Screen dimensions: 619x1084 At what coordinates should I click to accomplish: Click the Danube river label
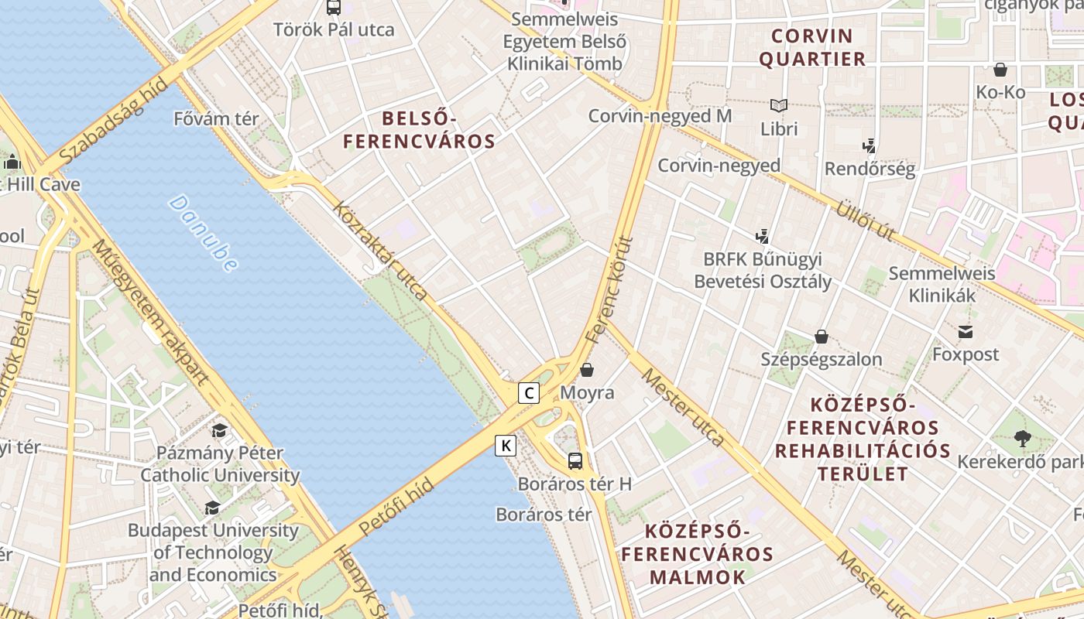pos(203,233)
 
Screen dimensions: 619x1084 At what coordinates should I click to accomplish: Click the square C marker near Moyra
pos(529,393)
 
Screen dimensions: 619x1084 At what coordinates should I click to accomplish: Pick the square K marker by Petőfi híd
pos(506,446)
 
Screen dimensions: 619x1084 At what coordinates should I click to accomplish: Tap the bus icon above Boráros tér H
pos(575,461)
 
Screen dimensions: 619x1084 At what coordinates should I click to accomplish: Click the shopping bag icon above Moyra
pos(587,370)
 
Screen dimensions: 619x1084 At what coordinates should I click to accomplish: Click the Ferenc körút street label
pos(610,289)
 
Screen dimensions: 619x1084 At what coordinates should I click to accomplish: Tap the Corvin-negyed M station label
pos(660,116)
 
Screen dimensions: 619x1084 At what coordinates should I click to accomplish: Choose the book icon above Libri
pos(779,105)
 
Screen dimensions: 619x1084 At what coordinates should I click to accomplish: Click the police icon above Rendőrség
pos(869,145)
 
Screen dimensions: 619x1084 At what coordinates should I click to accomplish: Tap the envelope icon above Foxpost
pos(966,332)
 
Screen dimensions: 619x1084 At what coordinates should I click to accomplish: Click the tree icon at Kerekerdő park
pos(1022,439)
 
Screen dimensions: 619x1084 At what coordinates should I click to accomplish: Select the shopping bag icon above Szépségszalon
pos(822,337)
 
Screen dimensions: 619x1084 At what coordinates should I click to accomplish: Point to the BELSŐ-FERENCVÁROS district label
pos(419,130)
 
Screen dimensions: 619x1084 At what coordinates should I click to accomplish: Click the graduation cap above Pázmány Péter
pos(220,430)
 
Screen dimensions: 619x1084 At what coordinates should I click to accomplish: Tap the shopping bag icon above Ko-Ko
pos(1000,70)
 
